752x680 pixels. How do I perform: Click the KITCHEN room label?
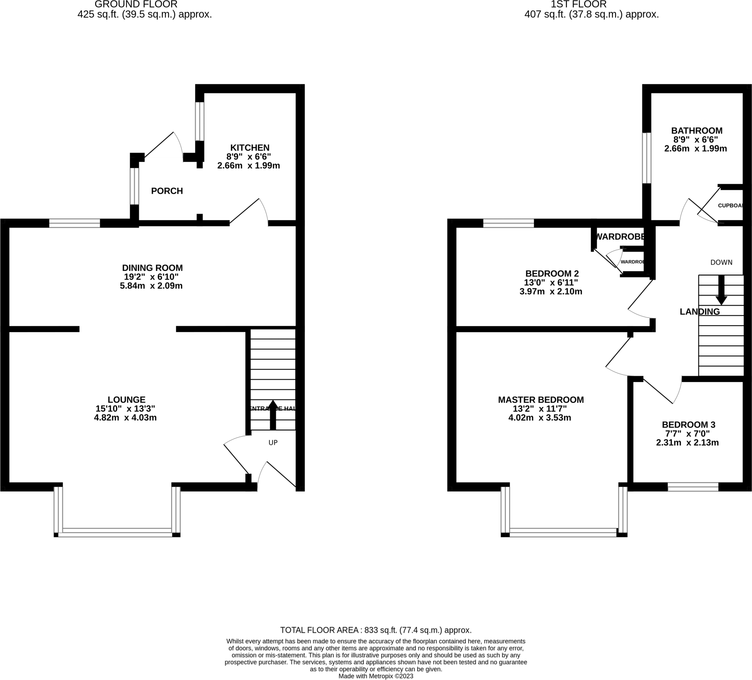click(x=250, y=148)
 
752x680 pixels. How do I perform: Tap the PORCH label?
click(x=167, y=191)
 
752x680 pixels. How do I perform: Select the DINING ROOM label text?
click(x=152, y=268)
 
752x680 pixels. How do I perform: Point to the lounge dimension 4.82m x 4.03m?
click(x=125, y=418)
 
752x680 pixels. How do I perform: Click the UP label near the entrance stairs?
click(x=273, y=443)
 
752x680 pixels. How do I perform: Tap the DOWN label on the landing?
click(x=721, y=262)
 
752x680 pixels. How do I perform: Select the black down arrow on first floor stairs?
click(x=721, y=290)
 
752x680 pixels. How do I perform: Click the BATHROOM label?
click(x=697, y=131)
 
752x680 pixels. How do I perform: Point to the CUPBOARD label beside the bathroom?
click(x=730, y=206)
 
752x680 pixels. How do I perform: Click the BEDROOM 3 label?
click(x=688, y=425)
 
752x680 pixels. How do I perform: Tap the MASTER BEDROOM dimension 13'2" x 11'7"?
click(x=540, y=408)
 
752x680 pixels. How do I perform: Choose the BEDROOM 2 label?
click(x=552, y=274)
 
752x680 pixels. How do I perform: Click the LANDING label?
click(x=699, y=312)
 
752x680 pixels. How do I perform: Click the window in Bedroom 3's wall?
click(x=693, y=487)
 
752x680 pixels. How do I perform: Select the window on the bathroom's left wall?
click(x=647, y=158)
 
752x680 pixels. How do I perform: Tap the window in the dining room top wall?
click(x=75, y=223)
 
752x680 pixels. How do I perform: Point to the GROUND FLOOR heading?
click(x=136, y=4)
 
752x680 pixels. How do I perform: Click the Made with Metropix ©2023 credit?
click(x=376, y=676)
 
